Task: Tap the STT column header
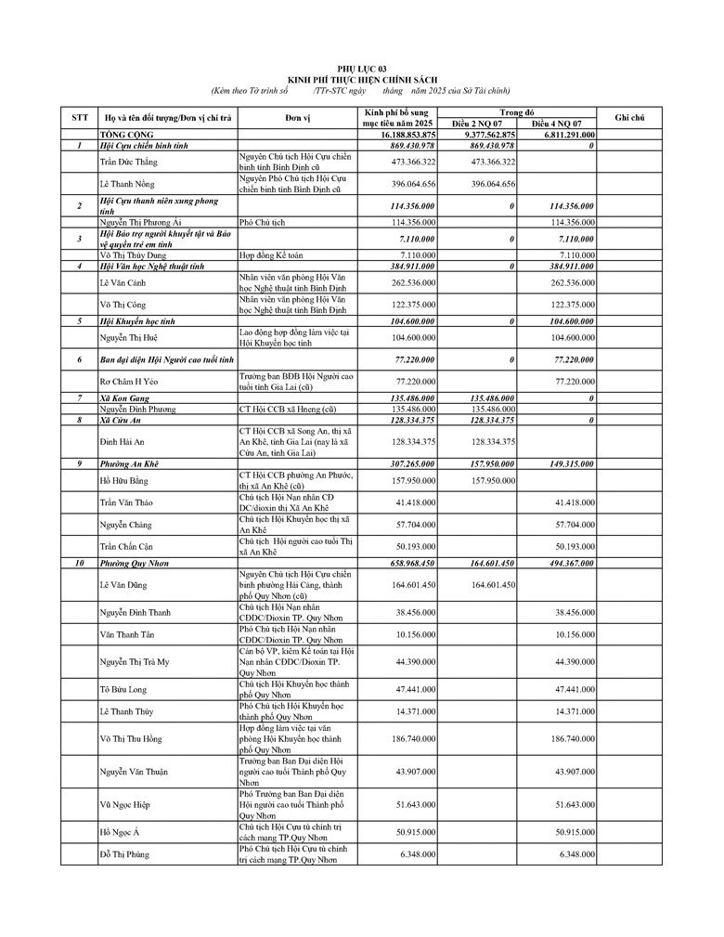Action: tap(79, 118)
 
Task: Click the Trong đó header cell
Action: tap(517, 112)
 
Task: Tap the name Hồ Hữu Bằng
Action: tap(123, 481)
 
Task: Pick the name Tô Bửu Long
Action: tap(123, 690)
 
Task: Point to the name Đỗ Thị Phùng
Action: tap(124, 853)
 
